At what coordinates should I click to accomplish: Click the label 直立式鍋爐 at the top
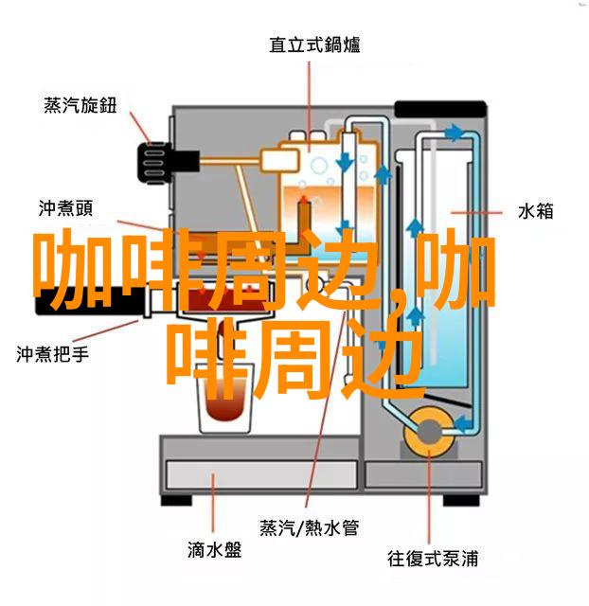[314, 45]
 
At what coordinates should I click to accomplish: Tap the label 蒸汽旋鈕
[80, 105]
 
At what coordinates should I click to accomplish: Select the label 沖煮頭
[65, 209]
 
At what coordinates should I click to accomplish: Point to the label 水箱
[535, 212]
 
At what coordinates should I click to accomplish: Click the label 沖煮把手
[53, 354]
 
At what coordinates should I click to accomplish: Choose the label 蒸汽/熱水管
[310, 528]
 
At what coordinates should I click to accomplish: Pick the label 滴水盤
[215, 550]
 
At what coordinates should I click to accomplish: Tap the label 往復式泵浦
[433, 559]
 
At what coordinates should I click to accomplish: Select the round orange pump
[429, 432]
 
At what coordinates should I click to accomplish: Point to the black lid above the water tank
[439, 109]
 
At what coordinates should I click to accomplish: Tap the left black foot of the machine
[176, 500]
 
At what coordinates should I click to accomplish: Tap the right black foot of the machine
[461, 500]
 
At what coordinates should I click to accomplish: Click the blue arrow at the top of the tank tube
[454, 133]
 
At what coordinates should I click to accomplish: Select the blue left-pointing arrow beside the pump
[463, 423]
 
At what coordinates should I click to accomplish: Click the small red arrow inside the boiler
[304, 200]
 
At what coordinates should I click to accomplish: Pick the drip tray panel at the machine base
[261, 474]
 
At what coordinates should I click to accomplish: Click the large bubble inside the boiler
[319, 167]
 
